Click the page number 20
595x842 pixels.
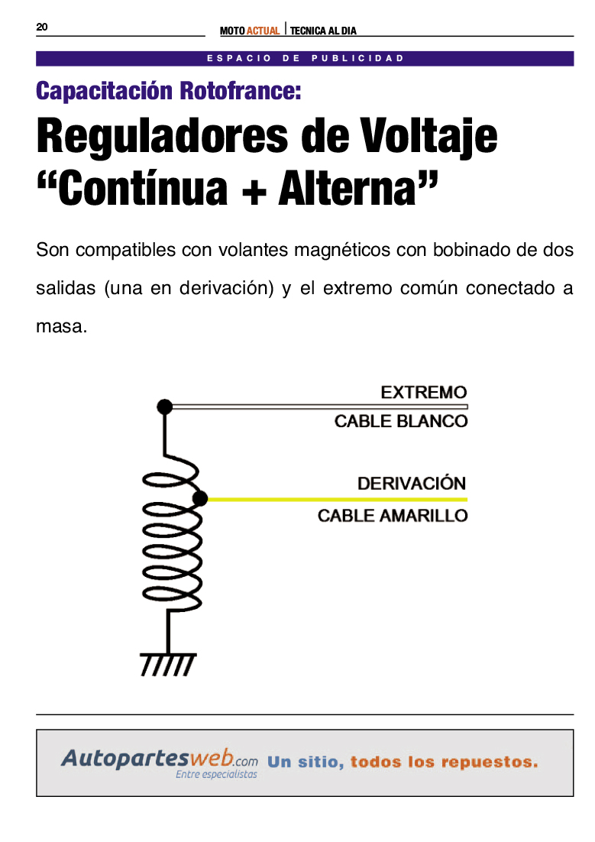(x=42, y=27)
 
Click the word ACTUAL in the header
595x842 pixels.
(x=264, y=31)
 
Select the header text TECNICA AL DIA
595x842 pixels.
(x=323, y=31)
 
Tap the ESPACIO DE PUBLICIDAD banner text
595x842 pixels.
(x=305, y=58)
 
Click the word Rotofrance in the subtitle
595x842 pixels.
(x=240, y=90)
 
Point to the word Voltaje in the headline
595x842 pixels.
(x=428, y=136)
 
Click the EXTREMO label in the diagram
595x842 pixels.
(x=424, y=392)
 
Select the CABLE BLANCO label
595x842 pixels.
(x=400, y=421)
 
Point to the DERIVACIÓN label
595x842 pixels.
(x=412, y=483)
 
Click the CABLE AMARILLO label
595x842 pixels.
(x=393, y=516)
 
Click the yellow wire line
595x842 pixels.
(x=338, y=500)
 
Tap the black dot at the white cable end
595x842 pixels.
(x=165, y=406)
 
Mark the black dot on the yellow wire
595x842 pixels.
(x=200, y=499)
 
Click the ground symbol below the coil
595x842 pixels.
(x=168, y=664)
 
